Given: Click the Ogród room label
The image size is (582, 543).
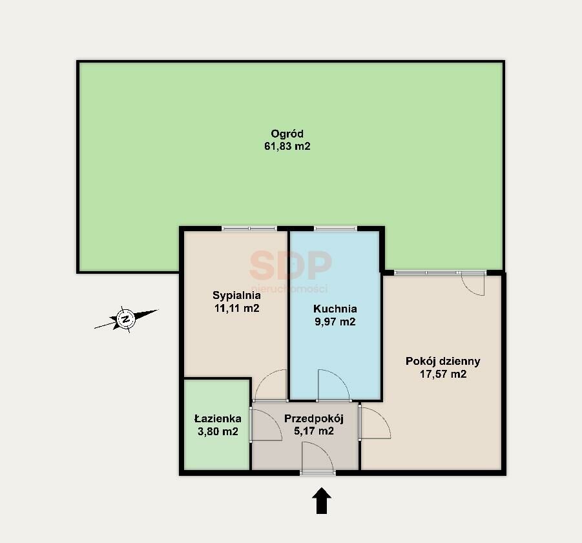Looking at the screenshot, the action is [287, 134].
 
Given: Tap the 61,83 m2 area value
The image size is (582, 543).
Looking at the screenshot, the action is [287, 146].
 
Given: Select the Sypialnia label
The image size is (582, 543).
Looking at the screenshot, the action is [236, 296].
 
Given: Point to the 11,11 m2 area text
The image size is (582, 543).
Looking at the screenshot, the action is [236, 308].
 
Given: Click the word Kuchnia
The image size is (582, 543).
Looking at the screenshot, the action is [335, 309].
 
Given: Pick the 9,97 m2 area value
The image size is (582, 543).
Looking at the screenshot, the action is [335, 322].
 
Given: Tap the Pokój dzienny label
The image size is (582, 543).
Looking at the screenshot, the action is [443, 362].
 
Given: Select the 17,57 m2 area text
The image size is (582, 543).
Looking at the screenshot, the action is [443, 374].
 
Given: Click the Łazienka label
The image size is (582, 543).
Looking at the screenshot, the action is [218, 419].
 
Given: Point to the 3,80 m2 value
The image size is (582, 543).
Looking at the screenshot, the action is [218, 431].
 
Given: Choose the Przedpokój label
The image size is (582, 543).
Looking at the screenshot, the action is [314, 418].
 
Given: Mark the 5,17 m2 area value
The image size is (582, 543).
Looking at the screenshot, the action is [314, 431].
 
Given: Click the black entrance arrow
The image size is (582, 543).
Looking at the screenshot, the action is [322, 501].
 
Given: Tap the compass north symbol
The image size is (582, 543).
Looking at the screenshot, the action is [126, 319].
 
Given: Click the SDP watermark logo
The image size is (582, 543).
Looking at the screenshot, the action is [290, 265].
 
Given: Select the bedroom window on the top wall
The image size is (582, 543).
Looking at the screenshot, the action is [249, 229].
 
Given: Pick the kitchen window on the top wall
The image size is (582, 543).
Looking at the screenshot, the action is [335, 229].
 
